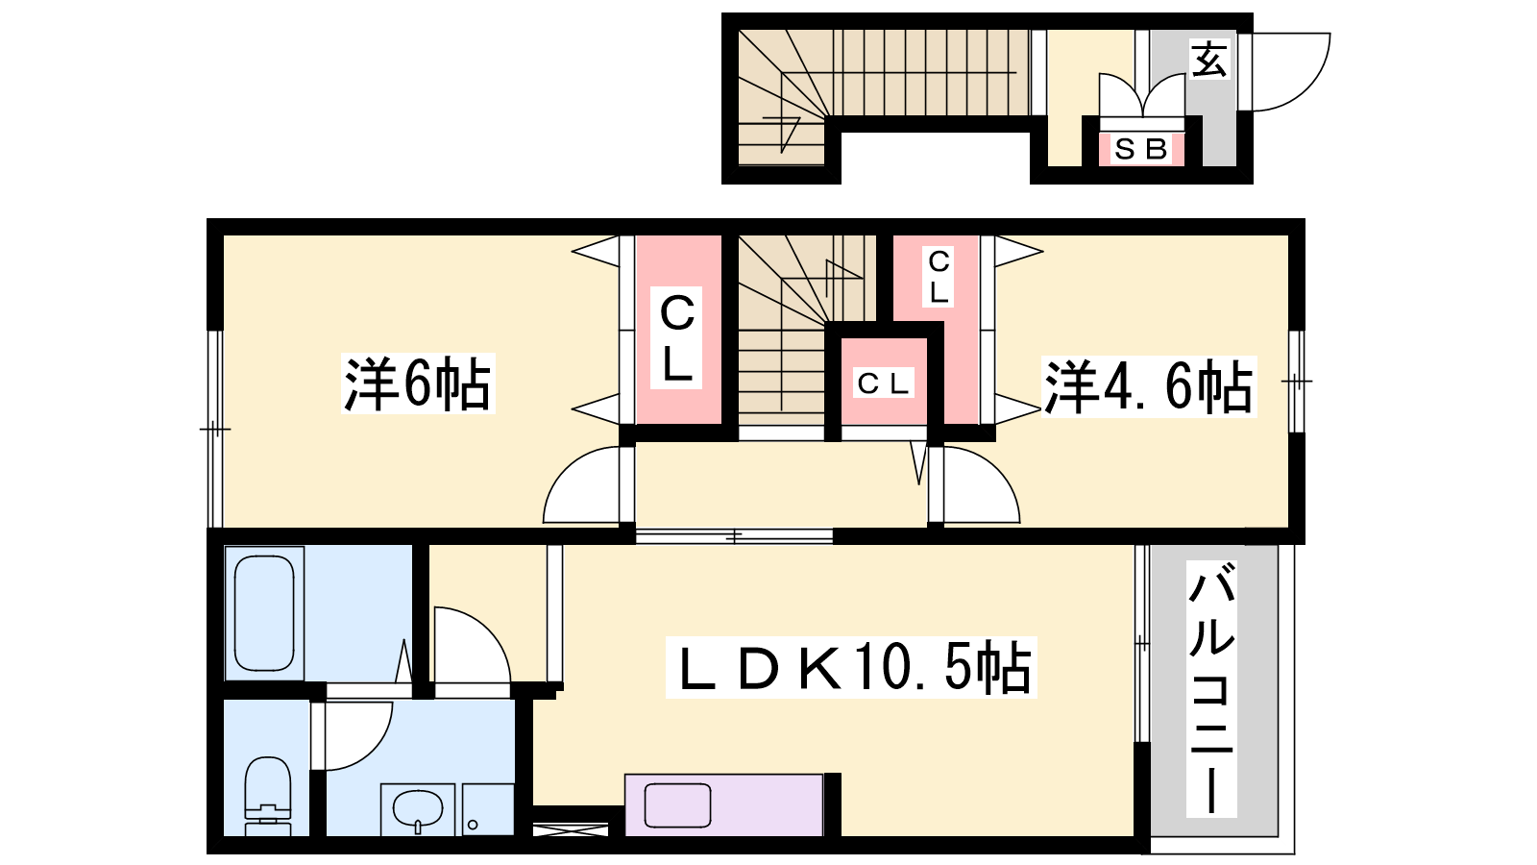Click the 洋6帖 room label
418,383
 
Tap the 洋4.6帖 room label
1149,386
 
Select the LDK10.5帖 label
851,667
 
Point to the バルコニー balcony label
1211,688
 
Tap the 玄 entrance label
1209,59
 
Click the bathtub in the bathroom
264,613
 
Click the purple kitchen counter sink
677,805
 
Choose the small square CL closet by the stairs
884,383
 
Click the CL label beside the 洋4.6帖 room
938,278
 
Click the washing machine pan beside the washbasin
488,809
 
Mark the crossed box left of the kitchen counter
571,828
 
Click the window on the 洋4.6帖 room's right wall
1296,381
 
